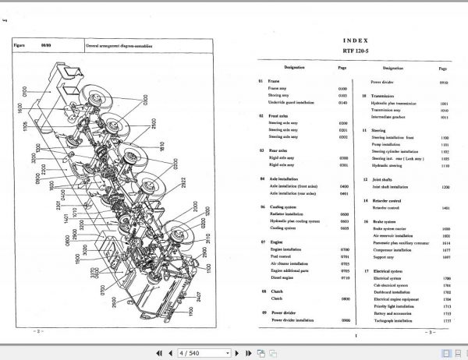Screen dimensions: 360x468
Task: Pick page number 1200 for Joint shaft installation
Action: (x=445, y=187)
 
